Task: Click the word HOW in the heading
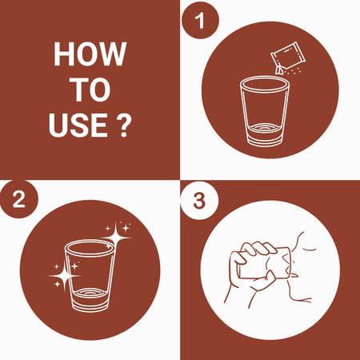click(90, 54)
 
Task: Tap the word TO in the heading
click(90, 90)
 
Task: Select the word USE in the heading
click(78, 125)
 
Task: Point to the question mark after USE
click(124, 125)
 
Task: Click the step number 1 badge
click(199, 21)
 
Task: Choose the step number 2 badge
click(19, 199)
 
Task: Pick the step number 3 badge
click(199, 201)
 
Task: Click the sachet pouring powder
click(287, 58)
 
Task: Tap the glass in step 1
click(264, 111)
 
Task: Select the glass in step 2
click(90, 275)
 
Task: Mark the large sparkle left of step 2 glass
click(65, 276)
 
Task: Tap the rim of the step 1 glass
click(264, 84)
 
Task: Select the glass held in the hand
click(264, 263)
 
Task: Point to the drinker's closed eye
click(310, 250)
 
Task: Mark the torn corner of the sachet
click(279, 70)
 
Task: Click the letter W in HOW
click(114, 54)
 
